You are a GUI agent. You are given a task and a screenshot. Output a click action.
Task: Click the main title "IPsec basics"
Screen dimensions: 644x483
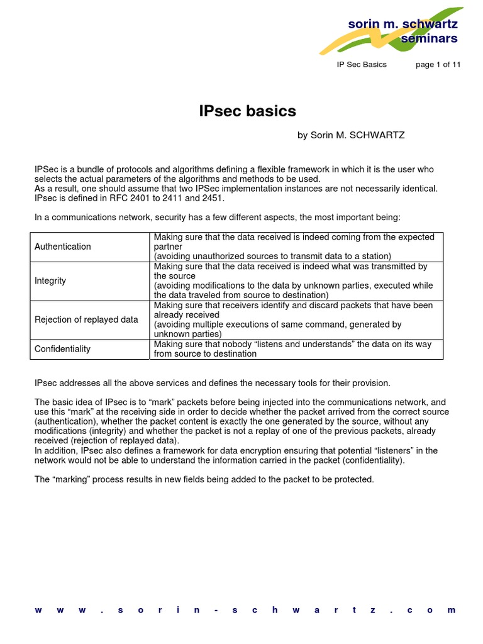pyautogui.click(x=247, y=111)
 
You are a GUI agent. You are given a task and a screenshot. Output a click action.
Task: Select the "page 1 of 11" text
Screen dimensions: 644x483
pyautogui.click(x=438, y=65)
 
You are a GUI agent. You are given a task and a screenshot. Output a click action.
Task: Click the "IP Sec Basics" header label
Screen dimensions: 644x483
pyautogui.click(x=362, y=65)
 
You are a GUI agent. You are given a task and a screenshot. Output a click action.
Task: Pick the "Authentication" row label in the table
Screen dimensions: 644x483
pyautogui.click(x=63, y=247)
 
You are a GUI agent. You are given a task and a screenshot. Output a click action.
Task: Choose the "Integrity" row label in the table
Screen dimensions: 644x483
pyautogui.click(x=50, y=280)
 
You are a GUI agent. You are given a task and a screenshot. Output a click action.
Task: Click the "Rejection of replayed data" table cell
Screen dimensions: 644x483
pyautogui.click(x=86, y=319)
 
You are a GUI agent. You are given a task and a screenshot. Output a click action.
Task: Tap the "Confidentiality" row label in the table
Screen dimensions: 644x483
pyautogui.click(x=63, y=349)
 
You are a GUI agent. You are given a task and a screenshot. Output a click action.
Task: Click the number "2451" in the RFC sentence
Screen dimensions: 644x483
pyautogui.click(x=213, y=198)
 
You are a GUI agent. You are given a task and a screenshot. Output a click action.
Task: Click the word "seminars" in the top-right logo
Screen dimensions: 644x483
pyautogui.click(x=430, y=39)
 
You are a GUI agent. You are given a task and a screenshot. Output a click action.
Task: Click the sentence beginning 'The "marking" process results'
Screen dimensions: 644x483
pyautogui.click(x=204, y=480)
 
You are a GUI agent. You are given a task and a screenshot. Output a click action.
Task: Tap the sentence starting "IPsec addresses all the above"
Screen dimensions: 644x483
pyautogui.click(x=213, y=383)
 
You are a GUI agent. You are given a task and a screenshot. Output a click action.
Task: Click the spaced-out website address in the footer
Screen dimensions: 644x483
pyautogui.click(x=245, y=610)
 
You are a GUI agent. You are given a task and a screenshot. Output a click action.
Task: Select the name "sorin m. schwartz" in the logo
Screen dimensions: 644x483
pyautogui.click(x=403, y=24)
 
